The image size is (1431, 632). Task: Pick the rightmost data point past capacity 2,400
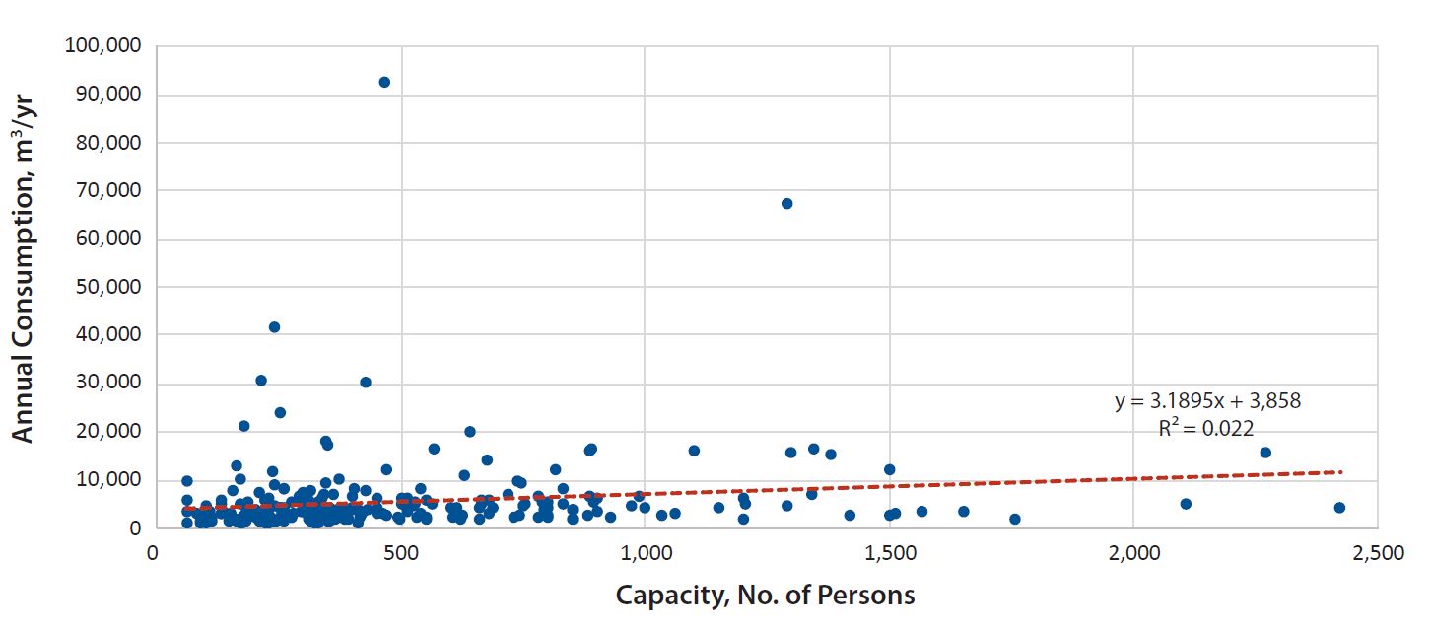click(1339, 508)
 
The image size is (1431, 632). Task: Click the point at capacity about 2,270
click(1265, 453)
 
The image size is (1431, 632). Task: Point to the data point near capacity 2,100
click(1186, 504)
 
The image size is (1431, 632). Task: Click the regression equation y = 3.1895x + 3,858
click(1207, 401)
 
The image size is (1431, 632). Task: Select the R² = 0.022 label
click(1206, 427)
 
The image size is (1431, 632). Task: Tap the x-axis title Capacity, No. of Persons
click(765, 596)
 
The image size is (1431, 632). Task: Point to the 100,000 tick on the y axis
click(103, 46)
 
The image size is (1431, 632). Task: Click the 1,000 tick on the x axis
click(645, 553)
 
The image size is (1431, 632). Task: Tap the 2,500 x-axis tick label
click(1378, 553)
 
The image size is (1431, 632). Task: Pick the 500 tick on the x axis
click(399, 553)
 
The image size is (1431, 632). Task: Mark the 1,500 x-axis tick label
click(889, 553)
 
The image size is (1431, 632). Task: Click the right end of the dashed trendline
click(1341, 472)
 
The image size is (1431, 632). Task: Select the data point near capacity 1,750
click(1015, 519)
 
